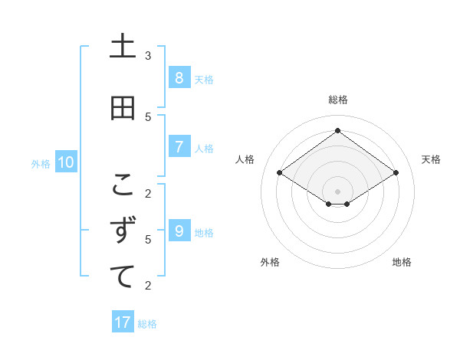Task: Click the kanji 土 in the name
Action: coord(123,47)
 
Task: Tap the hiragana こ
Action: coord(123,185)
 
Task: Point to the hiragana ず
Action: coord(123,231)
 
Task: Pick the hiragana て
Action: coord(123,277)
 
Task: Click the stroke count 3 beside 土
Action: coord(148,56)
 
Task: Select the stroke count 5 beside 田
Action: coord(148,116)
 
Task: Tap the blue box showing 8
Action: coord(179,78)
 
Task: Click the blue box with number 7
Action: coord(179,147)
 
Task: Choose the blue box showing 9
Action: coord(179,231)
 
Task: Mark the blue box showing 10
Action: coord(65,162)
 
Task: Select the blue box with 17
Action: coord(123,322)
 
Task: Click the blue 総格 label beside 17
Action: coord(147,324)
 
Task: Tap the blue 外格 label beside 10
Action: coord(41,163)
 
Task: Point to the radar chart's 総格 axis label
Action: coord(338,100)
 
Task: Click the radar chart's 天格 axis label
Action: coord(431,159)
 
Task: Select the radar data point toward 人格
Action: coord(280,173)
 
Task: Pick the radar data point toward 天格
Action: coord(396,173)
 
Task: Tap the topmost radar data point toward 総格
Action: coord(338,131)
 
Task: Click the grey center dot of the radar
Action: coord(338,191)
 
